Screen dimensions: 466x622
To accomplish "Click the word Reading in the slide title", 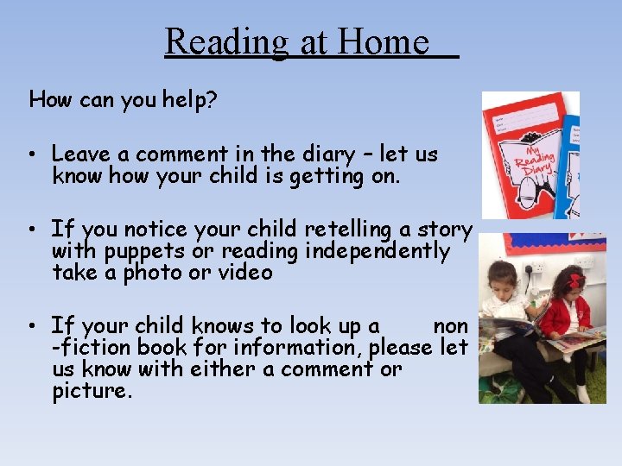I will point(226,41).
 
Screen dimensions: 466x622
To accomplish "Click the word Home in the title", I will point(384,41).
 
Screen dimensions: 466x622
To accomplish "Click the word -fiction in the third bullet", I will point(87,348).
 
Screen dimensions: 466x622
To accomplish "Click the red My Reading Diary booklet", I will point(519,155).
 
